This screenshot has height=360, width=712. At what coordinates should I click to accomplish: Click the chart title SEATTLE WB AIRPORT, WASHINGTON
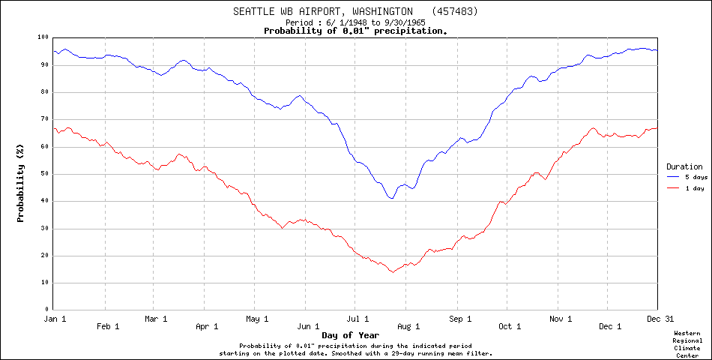pyautogui.click(x=323, y=11)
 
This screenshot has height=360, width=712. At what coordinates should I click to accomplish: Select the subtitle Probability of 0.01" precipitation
pyautogui.click(x=356, y=31)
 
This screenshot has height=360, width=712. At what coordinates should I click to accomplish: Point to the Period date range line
pyautogui.click(x=356, y=22)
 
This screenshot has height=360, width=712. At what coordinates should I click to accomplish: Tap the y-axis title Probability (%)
pyautogui.click(x=21, y=184)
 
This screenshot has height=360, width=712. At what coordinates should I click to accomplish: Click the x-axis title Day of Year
pyautogui.click(x=350, y=334)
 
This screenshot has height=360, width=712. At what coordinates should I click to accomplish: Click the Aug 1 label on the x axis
pyautogui.click(x=408, y=326)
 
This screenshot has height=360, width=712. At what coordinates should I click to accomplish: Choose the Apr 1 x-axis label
pyautogui.click(x=206, y=326)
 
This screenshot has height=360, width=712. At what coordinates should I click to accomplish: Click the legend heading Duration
pyautogui.click(x=684, y=166)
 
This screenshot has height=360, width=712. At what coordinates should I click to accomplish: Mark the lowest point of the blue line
pyautogui.click(x=391, y=198)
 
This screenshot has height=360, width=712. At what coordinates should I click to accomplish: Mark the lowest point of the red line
pyautogui.click(x=391, y=271)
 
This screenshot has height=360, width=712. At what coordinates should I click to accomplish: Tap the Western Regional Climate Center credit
pyautogui.click(x=687, y=344)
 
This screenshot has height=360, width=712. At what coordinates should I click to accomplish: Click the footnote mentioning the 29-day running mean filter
pyautogui.click(x=356, y=352)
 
